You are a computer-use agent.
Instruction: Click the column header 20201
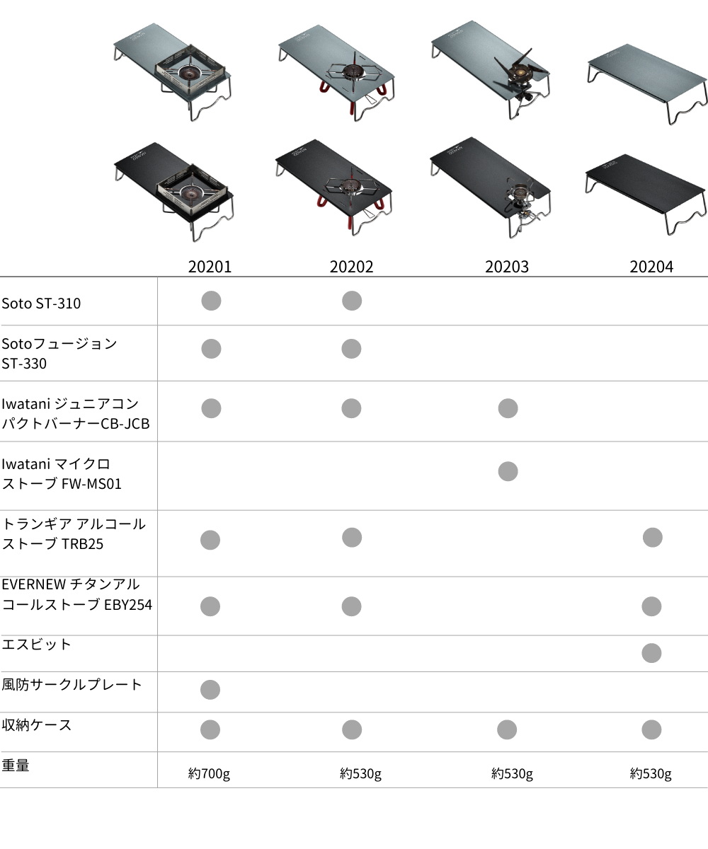pyautogui.click(x=210, y=267)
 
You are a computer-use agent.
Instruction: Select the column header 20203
pyautogui.click(x=507, y=267)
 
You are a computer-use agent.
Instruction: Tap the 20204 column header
pyautogui.click(x=651, y=267)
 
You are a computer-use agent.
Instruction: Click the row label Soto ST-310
pyautogui.click(x=41, y=304)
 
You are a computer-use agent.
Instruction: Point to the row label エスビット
pyautogui.click(x=37, y=645)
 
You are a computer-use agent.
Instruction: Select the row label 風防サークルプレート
pyautogui.click(x=72, y=684)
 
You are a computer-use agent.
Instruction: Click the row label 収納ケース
pyautogui.click(x=37, y=725)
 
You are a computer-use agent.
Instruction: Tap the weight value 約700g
pyautogui.click(x=209, y=773)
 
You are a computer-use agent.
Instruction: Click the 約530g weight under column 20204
pyautogui.click(x=651, y=773)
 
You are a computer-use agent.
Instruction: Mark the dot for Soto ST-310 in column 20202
pyautogui.click(x=352, y=301)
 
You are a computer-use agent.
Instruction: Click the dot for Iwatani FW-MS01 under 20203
pyautogui.click(x=508, y=471)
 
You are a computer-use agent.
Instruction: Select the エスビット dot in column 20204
pyautogui.click(x=651, y=653)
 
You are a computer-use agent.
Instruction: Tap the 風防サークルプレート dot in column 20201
pyautogui.click(x=210, y=690)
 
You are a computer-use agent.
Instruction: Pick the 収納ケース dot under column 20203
pyautogui.click(x=507, y=729)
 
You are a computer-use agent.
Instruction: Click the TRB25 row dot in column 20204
pyautogui.click(x=653, y=538)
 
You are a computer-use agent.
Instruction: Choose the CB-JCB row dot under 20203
pyautogui.click(x=508, y=408)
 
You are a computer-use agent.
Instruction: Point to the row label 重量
pyautogui.click(x=16, y=766)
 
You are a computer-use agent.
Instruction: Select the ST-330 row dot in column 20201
pyautogui.click(x=211, y=349)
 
